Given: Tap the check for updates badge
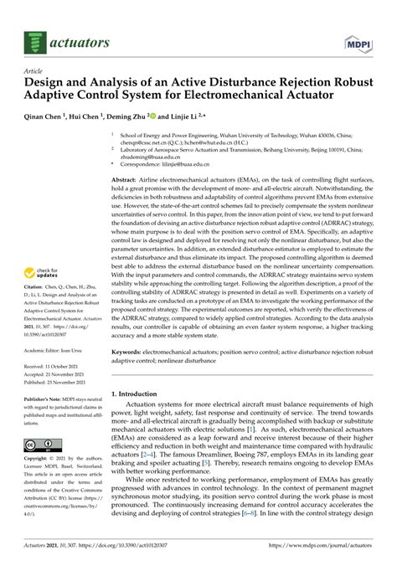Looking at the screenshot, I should (44, 250).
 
